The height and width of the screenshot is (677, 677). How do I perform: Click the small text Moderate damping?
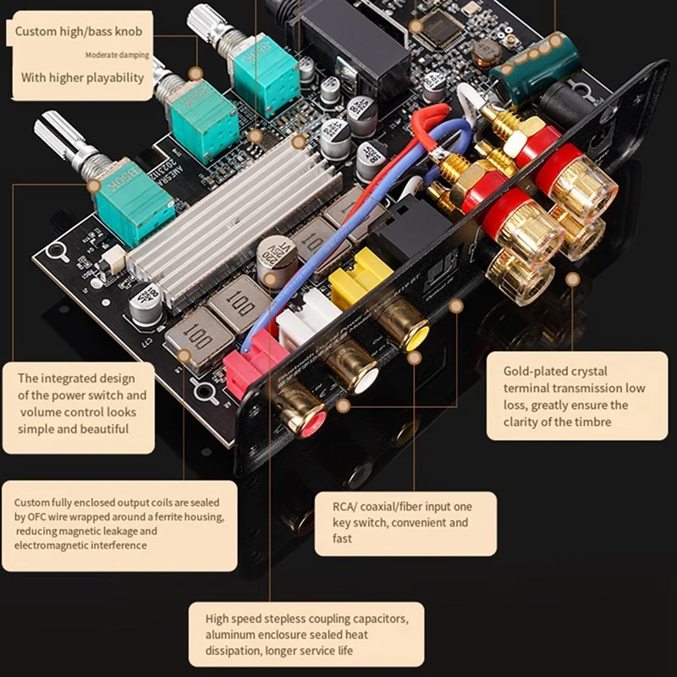click(117, 56)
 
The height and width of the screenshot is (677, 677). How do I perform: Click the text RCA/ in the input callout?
click(349, 506)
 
